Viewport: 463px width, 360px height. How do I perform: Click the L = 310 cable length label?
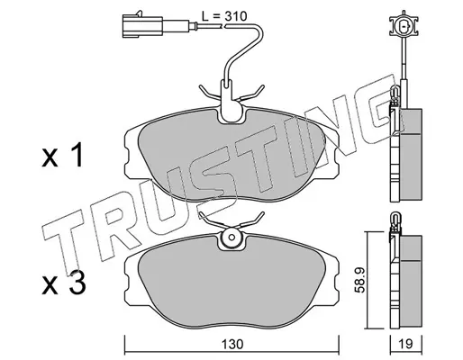click(x=223, y=16)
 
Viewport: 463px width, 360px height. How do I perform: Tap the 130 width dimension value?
click(x=231, y=345)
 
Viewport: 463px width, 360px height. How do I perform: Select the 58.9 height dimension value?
click(x=359, y=280)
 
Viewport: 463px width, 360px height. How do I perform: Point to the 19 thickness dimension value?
click(x=405, y=344)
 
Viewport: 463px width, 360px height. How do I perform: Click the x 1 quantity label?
click(x=62, y=157)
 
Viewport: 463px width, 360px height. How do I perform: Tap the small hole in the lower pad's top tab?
click(x=231, y=238)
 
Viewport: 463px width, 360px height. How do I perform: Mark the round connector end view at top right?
click(x=404, y=26)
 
